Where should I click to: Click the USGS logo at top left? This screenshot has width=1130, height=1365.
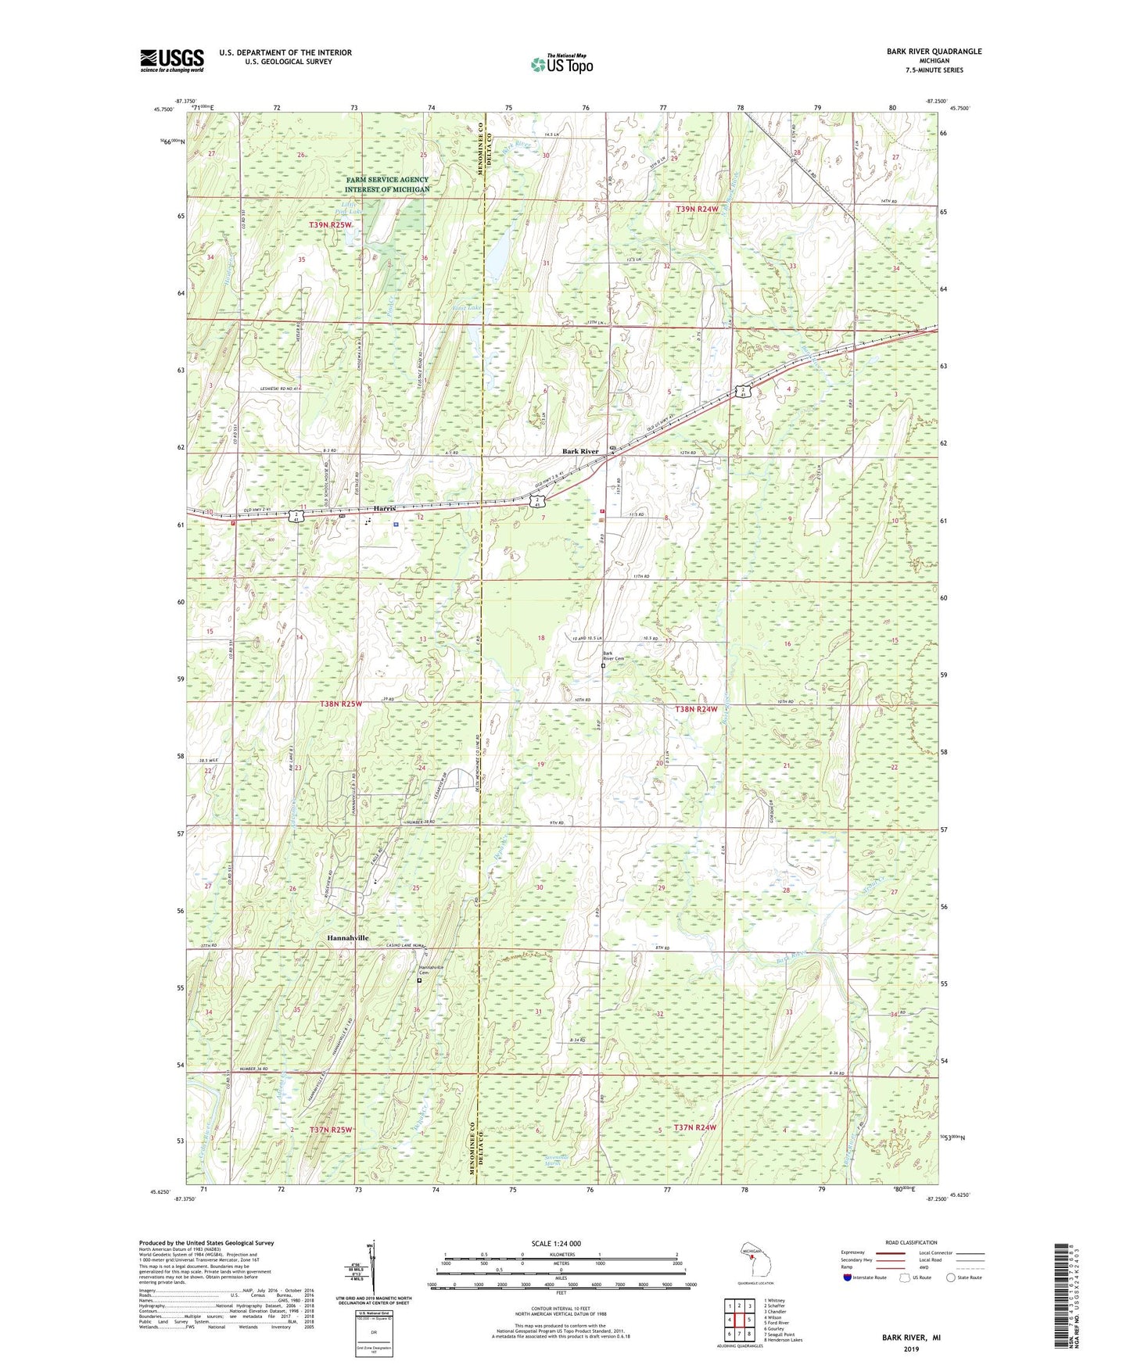[x=172, y=60]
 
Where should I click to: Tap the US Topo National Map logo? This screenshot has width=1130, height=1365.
[x=561, y=64]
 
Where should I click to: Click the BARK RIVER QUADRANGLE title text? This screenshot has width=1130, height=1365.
[x=934, y=52]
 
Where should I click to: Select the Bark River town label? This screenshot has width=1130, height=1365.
[x=580, y=452]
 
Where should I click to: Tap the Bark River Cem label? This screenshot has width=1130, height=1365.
[x=613, y=657]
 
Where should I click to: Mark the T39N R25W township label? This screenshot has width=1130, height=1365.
[x=331, y=225]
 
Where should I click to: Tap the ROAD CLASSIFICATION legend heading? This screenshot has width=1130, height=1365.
[x=912, y=1242]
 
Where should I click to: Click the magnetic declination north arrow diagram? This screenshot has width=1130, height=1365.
[x=373, y=1270]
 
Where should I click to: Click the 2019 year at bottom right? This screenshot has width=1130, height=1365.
[x=911, y=1349]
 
